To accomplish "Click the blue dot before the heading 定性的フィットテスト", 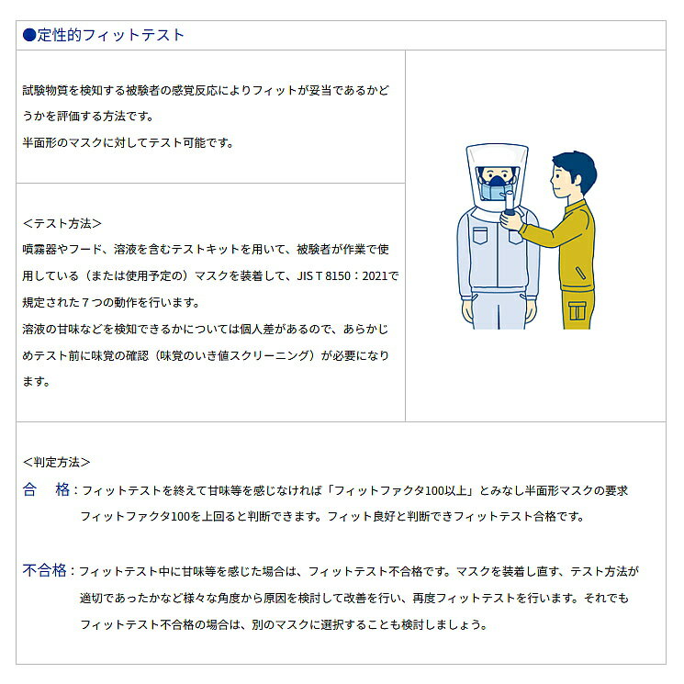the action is click(x=29, y=35).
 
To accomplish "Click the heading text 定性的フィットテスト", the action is click(x=111, y=35).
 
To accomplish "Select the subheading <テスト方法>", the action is click(x=62, y=223).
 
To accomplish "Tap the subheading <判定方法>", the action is click(x=56, y=462).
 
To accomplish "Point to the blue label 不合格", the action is click(x=44, y=570).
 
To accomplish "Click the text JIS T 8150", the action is click(x=324, y=276).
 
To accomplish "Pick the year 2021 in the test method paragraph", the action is click(x=375, y=276).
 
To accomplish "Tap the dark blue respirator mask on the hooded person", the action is click(x=498, y=180).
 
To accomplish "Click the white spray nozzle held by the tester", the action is click(x=509, y=201).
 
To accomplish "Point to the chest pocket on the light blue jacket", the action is click(x=480, y=235).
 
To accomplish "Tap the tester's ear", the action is click(x=572, y=179).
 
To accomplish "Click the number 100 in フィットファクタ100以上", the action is click(x=434, y=491).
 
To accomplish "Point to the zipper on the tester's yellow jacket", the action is click(x=580, y=273).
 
